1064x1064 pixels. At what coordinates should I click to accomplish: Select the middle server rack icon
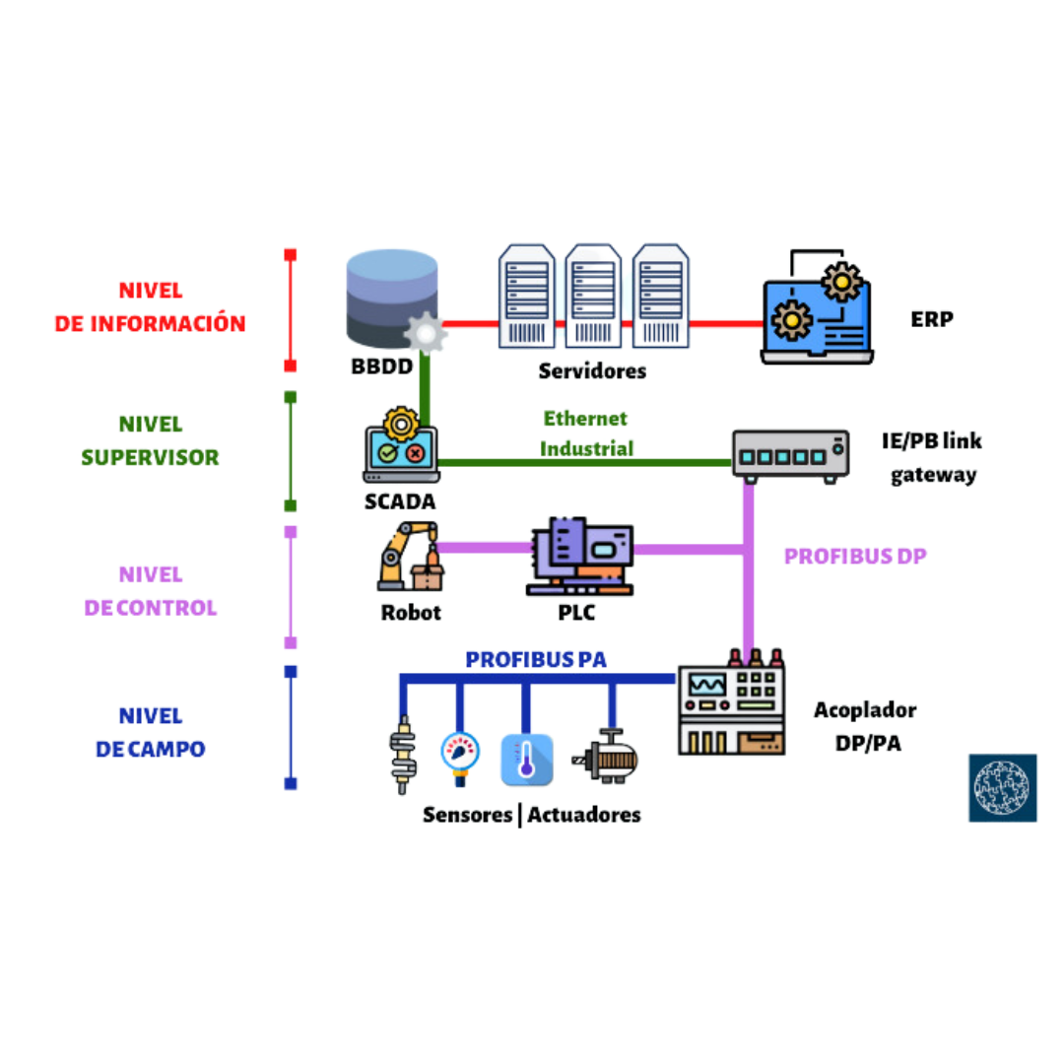click(593, 296)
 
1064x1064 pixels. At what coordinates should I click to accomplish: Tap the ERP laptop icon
click(818, 310)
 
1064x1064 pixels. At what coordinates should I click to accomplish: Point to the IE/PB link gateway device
click(790, 454)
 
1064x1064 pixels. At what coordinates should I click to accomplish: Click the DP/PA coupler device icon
click(731, 706)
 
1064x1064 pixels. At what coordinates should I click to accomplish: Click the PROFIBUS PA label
click(536, 659)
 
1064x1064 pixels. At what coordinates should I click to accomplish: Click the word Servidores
click(592, 371)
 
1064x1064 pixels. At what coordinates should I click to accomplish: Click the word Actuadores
click(584, 815)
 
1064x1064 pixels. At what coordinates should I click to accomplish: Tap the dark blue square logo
click(1002, 786)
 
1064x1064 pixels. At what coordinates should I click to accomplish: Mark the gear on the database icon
click(427, 332)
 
